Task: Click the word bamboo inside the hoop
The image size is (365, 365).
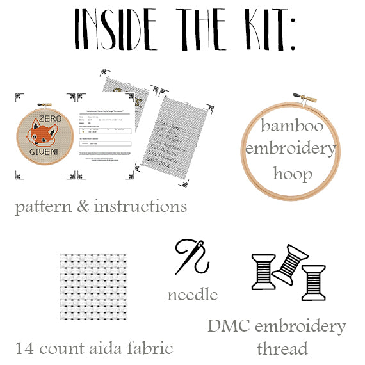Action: (x=291, y=126)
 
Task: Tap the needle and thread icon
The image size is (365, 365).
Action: (x=193, y=257)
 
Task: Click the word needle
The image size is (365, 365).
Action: (x=192, y=295)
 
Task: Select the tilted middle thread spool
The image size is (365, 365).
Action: (x=289, y=263)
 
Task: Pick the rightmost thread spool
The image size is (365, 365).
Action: (x=314, y=281)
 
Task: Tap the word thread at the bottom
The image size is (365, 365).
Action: (x=282, y=349)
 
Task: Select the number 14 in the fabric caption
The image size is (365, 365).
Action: (x=24, y=349)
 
